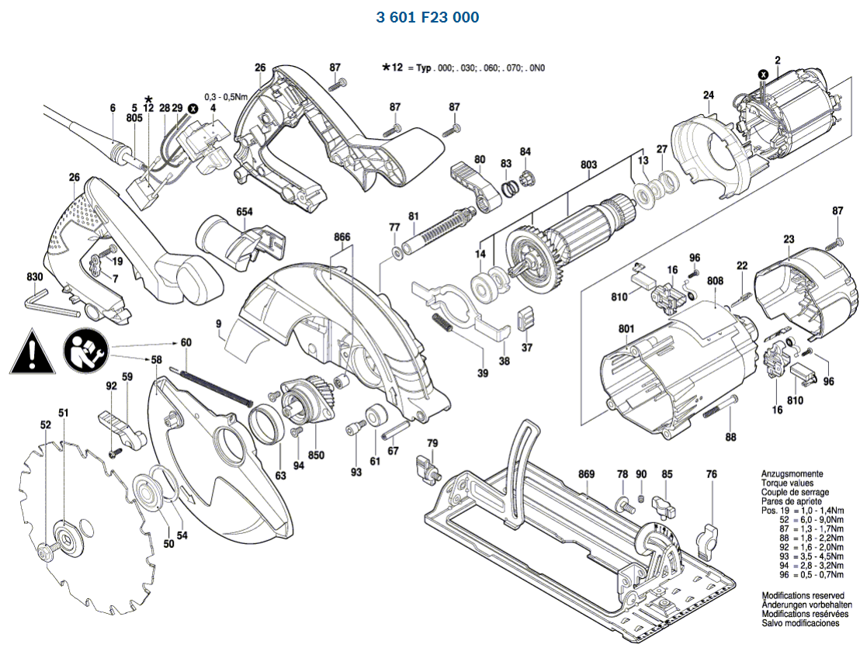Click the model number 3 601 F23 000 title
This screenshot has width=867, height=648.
(428, 17)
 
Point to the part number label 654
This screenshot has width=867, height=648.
(245, 212)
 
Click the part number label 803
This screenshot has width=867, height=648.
(588, 165)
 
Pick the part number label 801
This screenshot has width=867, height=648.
(627, 328)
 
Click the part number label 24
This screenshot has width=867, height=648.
(708, 95)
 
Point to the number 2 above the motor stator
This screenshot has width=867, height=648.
(777, 61)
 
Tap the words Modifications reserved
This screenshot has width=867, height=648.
(801, 595)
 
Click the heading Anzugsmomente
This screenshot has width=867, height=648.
(792, 473)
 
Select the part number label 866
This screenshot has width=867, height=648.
(342, 236)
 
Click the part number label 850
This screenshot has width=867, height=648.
(316, 456)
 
